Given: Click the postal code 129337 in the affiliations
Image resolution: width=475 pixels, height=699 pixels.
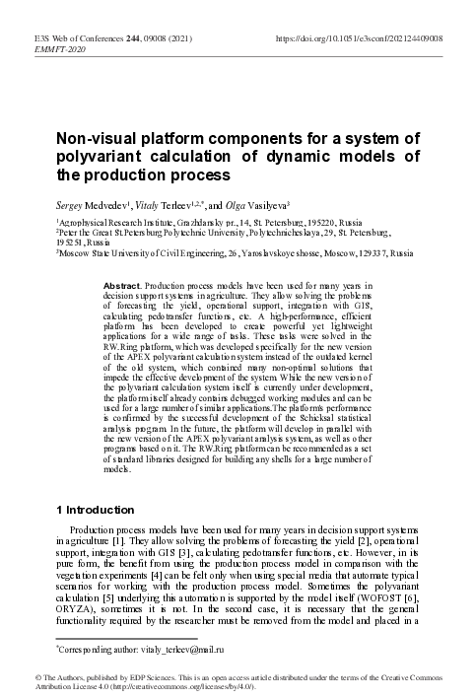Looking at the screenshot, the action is [x=364, y=253].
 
